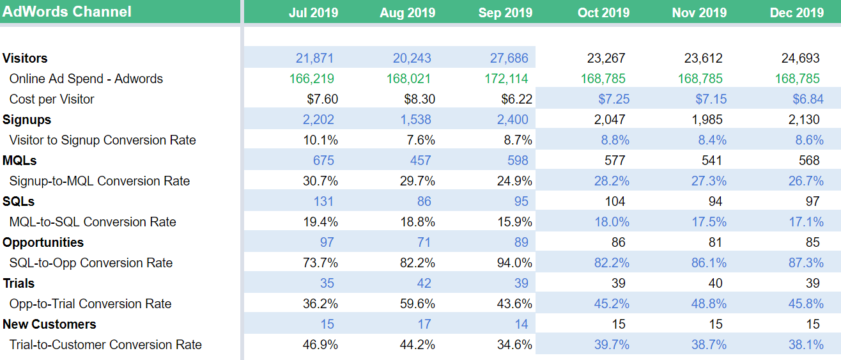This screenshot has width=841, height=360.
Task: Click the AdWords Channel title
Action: click(67, 12)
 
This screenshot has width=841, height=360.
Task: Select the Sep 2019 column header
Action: click(505, 13)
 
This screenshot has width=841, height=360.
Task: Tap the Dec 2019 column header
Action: click(797, 13)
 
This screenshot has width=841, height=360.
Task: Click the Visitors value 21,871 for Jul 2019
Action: click(314, 58)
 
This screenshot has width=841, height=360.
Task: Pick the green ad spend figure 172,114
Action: click(506, 79)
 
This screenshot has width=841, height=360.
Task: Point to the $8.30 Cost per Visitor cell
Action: click(419, 99)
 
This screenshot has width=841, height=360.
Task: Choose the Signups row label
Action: click(27, 120)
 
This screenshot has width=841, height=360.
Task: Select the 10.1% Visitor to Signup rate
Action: click(320, 140)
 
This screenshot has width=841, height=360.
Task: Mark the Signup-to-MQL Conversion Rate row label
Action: click(100, 181)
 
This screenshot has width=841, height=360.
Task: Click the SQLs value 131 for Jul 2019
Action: click(323, 201)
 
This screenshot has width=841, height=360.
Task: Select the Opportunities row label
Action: click(43, 242)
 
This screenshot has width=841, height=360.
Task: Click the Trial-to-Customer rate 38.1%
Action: click(806, 345)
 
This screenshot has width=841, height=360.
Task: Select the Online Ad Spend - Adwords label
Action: click(86, 79)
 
